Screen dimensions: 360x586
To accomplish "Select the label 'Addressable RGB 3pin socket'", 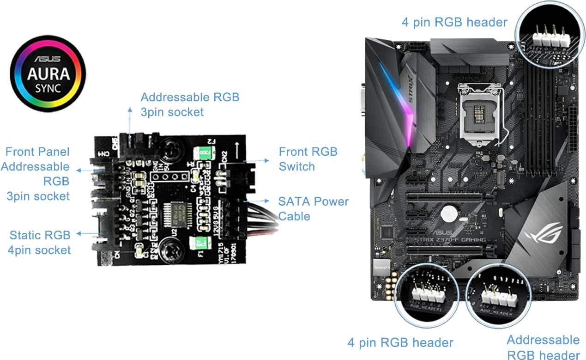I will [x=190, y=104].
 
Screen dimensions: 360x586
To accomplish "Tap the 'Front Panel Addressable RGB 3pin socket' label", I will [x=36, y=174].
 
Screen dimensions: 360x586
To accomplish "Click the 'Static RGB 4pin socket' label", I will [x=40, y=243].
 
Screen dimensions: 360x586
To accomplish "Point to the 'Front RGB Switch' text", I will [x=308, y=159].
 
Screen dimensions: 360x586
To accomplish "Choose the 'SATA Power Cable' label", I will [x=313, y=209].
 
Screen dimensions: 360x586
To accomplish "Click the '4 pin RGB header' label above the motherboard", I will [x=454, y=22].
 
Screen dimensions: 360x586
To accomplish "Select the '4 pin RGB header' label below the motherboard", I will [x=400, y=342].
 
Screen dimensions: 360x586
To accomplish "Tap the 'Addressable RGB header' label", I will [x=543, y=347].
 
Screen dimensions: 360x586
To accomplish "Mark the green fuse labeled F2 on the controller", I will [x=202, y=152].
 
